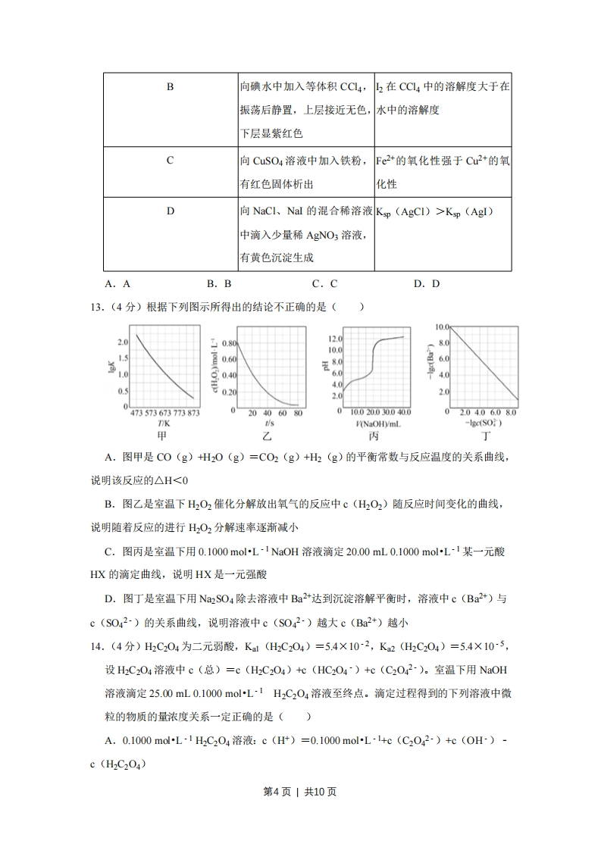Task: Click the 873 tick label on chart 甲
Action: pos(193,414)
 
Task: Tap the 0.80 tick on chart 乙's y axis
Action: pos(229,343)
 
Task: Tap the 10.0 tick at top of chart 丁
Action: pos(443,327)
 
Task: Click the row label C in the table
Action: pos(170,161)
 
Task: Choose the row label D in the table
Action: pos(170,211)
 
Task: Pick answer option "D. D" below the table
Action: pos(427,284)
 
